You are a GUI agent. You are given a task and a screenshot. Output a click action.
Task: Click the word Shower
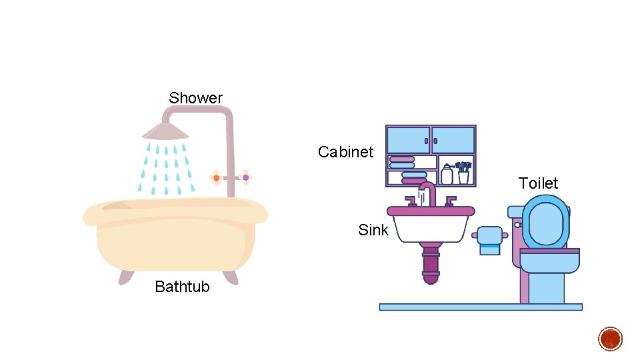[195, 98]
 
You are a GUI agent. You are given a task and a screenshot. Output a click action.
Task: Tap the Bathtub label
[182, 287]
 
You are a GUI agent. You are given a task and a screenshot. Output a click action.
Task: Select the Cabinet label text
[345, 152]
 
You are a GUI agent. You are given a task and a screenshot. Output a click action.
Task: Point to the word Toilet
[538, 183]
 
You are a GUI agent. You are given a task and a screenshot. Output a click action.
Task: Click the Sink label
[373, 230]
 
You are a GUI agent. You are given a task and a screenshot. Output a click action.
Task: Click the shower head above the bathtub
[166, 129]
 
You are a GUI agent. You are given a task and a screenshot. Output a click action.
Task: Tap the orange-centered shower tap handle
[216, 178]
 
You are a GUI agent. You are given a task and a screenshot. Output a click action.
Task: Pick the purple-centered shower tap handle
[245, 177]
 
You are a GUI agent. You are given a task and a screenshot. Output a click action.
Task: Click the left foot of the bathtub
[127, 277]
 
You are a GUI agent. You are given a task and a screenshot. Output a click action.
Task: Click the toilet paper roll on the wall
[489, 239]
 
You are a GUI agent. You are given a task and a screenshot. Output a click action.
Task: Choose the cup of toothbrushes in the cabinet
[463, 173]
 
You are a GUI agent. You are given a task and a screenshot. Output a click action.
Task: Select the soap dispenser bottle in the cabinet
[447, 175]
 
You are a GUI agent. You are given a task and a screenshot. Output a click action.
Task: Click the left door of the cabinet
[408, 140]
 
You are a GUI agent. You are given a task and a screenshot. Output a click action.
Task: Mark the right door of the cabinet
[453, 140]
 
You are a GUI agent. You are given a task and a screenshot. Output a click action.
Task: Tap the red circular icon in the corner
[610, 339]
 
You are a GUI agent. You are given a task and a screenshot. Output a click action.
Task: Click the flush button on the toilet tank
[517, 225]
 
